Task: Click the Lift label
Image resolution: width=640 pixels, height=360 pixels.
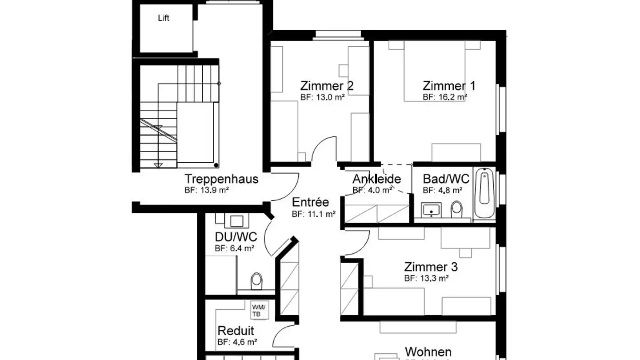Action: tap(164, 18)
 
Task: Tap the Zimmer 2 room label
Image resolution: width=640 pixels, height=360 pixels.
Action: tap(327, 85)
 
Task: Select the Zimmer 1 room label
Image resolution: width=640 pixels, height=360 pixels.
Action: tap(449, 85)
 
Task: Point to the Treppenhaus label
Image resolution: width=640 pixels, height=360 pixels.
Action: tap(221, 179)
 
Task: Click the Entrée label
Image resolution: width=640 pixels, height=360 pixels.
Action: tap(310, 202)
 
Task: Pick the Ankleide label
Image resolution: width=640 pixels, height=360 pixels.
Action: tap(376, 179)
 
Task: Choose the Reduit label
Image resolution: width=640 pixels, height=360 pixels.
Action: tap(236, 331)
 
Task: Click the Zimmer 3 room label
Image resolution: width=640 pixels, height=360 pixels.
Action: tap(431, 267)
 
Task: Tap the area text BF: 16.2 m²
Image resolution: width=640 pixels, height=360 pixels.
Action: tap(444, 96)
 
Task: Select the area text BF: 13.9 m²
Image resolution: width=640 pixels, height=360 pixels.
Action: tap(207, 190)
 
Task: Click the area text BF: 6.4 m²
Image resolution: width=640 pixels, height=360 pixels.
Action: tap(234, 249)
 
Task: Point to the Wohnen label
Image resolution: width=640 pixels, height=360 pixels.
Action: tap(428, 352)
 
